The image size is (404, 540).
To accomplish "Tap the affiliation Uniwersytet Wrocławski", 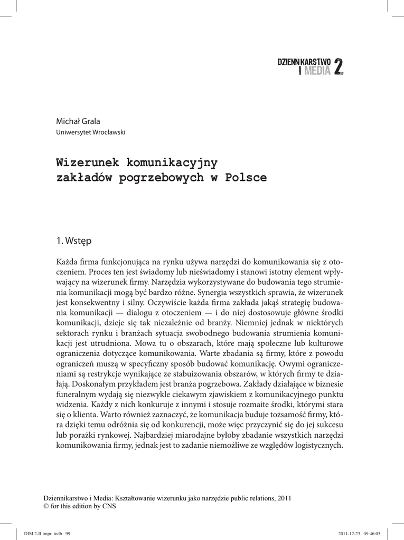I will (x=91, y=132).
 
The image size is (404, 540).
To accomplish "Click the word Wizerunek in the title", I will (x=86, y=161).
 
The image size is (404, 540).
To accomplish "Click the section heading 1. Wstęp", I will (x=74, y=241).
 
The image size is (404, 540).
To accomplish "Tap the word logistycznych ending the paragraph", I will (x=317, y=446).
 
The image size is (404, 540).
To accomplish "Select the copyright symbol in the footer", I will (x=45, y=507).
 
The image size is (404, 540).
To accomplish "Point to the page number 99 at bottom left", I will (x=68, y=533).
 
